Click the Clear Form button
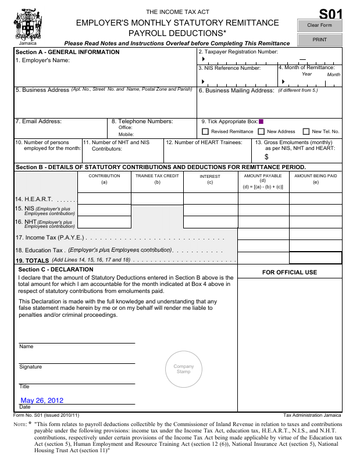(x=319, y=26)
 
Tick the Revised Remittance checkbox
(x=205, y=131)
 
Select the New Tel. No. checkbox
(x=306, y=131)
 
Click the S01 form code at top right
(x=331, y=13)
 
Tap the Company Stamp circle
(x=184, y=369)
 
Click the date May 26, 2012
(x=42, y=400)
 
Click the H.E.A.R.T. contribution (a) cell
(x=104, y=199)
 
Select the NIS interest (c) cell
(x=210, y=210)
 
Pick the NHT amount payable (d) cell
(x=263, y=222)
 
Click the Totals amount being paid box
(x=315, y=257)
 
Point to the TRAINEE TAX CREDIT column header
(x=157, y=176)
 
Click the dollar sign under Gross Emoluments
(x=266, y=157)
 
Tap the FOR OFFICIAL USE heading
(x=290, y=272)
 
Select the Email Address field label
(x=38, y=121)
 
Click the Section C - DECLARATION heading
(x=56, y=270)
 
